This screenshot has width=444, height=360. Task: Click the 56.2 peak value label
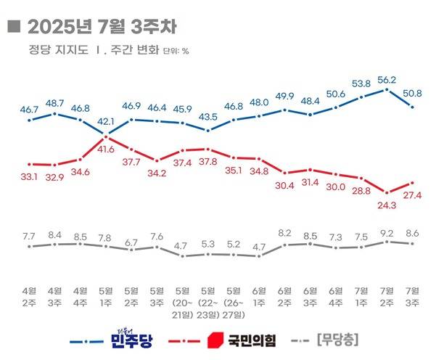pos(387,81)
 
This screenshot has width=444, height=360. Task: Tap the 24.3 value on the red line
pos(387,205)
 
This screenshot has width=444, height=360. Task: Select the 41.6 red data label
pos(106,149)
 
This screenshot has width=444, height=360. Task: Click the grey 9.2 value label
pos(387,233)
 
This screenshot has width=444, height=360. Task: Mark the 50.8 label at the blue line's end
pos(413,93)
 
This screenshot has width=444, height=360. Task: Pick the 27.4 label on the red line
pos(413,196)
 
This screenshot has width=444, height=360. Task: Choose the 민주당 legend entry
pos(131,339)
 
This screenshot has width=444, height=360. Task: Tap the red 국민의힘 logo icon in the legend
pos(215,339)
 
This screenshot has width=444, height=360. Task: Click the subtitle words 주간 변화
pos(136,51)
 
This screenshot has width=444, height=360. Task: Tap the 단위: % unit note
pos(176,52)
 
